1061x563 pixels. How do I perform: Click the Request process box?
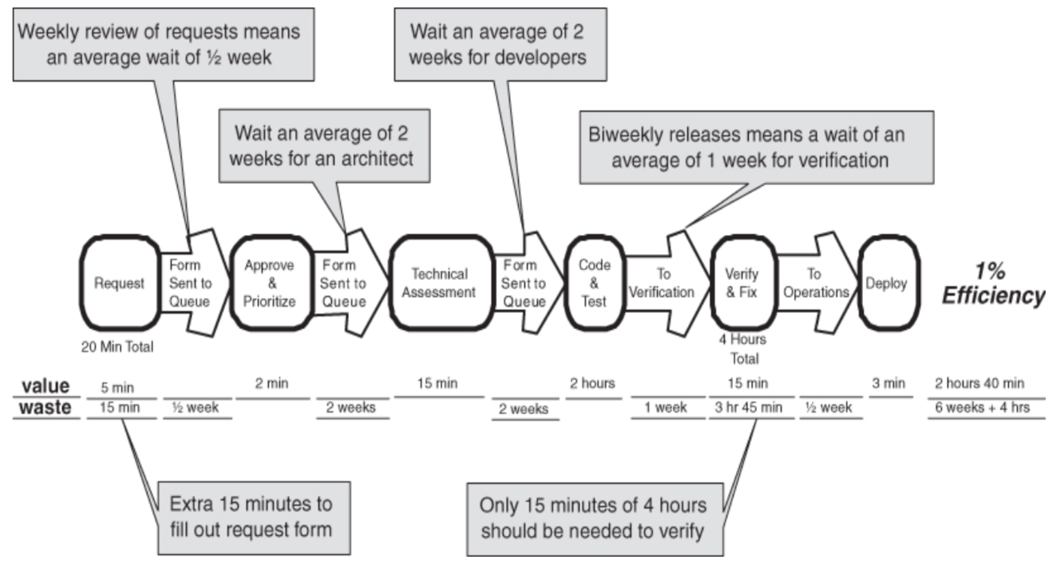point(119,283)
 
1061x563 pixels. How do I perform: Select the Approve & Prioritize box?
point(270,283)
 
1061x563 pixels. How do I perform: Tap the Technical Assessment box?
point(440,283)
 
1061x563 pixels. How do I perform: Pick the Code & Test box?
point(594,283)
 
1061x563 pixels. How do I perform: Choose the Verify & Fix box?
point(742,283)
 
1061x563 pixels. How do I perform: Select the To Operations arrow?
point(816,283)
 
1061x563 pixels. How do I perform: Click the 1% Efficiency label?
point(993,283)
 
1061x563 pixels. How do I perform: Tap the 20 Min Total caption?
point(117,347)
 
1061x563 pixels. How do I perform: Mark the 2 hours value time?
point(593,384)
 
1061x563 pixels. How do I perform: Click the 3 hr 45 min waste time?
point(749,408)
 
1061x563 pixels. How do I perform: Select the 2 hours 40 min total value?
point(980,384)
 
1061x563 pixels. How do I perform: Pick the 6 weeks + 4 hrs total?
point(982,408)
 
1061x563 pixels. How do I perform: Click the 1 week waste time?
point(666,408)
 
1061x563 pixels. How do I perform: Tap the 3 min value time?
point(889,384)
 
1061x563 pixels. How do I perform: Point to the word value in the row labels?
point(45,386)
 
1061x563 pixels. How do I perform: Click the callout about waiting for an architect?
point(324,146)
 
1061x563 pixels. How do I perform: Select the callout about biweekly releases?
point(756,147)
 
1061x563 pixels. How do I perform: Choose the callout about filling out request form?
point(253,518)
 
